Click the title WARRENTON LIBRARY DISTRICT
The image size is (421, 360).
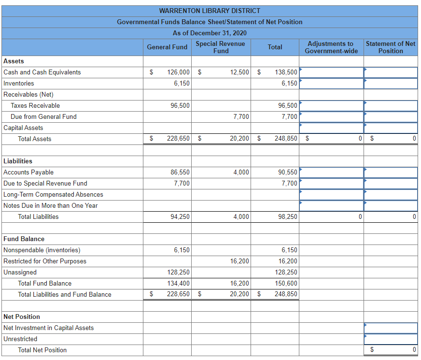[210, 11]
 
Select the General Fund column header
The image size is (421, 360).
[167, 47]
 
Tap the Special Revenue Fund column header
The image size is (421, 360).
[221, 47]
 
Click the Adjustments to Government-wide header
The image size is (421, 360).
[331, 47]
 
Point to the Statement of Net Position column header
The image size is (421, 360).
[390, 47]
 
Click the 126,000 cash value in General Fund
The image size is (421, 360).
[178, 72]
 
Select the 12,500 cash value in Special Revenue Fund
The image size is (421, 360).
[239, 72]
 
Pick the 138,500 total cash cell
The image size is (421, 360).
[286, 72]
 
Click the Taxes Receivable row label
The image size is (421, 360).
[35, 105]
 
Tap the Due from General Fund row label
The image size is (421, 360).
[43, 116]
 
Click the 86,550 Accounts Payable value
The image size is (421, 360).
[180, 172]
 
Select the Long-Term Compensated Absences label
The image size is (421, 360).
[53, 194]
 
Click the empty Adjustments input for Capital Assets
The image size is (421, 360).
[331, 128]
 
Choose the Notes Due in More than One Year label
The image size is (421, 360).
[50, 205]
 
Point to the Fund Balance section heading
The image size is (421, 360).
[24, 239]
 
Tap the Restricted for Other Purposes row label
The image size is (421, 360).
[45, 261]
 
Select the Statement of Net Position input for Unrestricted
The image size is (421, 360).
[391, 339]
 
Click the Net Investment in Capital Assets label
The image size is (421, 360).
[48, 328]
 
